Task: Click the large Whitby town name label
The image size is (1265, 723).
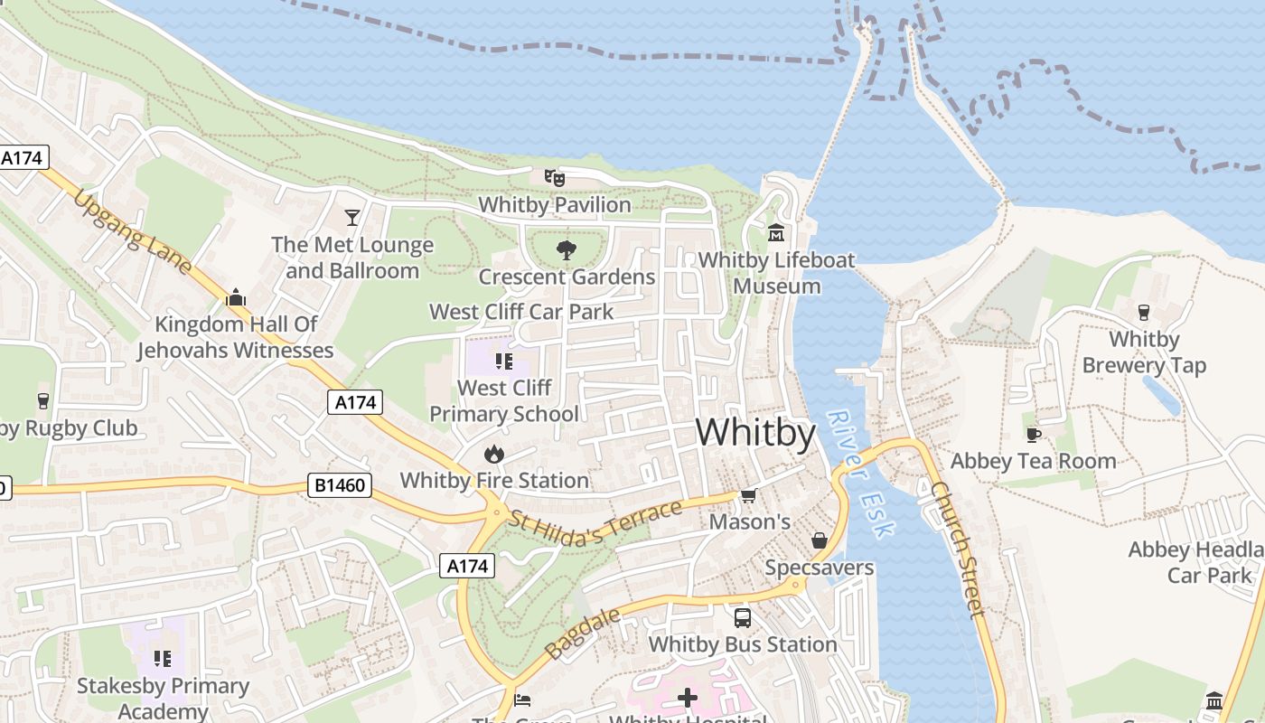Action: pos(755,433)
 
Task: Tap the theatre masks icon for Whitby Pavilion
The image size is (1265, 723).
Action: pos(555,178)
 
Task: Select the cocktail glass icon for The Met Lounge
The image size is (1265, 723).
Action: pos(351,218)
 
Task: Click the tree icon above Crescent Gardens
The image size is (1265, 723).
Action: pos(567,250)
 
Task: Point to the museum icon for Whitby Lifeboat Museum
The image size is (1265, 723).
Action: pos(776,233)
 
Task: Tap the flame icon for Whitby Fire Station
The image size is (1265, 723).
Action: pos(493,454)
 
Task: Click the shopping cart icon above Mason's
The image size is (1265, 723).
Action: pos(748,495)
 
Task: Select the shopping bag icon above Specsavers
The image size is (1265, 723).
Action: pos(819,540)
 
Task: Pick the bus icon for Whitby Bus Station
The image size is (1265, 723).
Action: pos(742,618)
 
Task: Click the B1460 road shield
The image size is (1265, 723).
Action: pos(341,485)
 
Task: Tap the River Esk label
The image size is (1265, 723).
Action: pos(859,474)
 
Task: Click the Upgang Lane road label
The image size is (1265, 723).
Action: pos(133,231)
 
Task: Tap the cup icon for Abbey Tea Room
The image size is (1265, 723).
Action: pos(1034,435)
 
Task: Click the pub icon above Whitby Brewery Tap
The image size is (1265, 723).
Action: pos(1144,313)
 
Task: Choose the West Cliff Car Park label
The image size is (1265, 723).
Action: pos(521,312)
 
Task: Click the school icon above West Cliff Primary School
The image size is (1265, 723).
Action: pos(504,362)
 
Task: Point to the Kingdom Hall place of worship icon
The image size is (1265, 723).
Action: pos(236,297)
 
